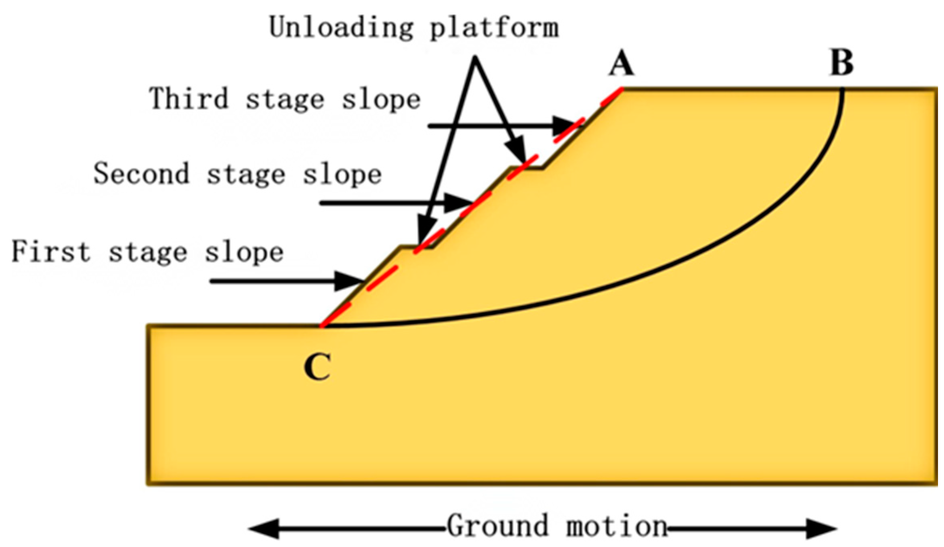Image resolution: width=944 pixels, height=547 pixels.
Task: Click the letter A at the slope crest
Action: (x=621, y=64)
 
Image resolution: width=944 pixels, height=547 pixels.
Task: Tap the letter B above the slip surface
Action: (x=842, y=64)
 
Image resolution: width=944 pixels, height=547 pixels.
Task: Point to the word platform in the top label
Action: (x=494, y=28)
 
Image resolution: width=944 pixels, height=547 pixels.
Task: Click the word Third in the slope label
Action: (x=189, y=98)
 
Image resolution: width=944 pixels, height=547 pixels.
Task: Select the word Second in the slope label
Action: (x=141, y=173)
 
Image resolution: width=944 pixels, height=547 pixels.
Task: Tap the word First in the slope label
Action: (x=51, y=251)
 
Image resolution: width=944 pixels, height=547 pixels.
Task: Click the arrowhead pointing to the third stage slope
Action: (x=566, y=126)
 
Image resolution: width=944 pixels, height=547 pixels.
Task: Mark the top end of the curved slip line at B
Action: (x=842, y=90)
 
